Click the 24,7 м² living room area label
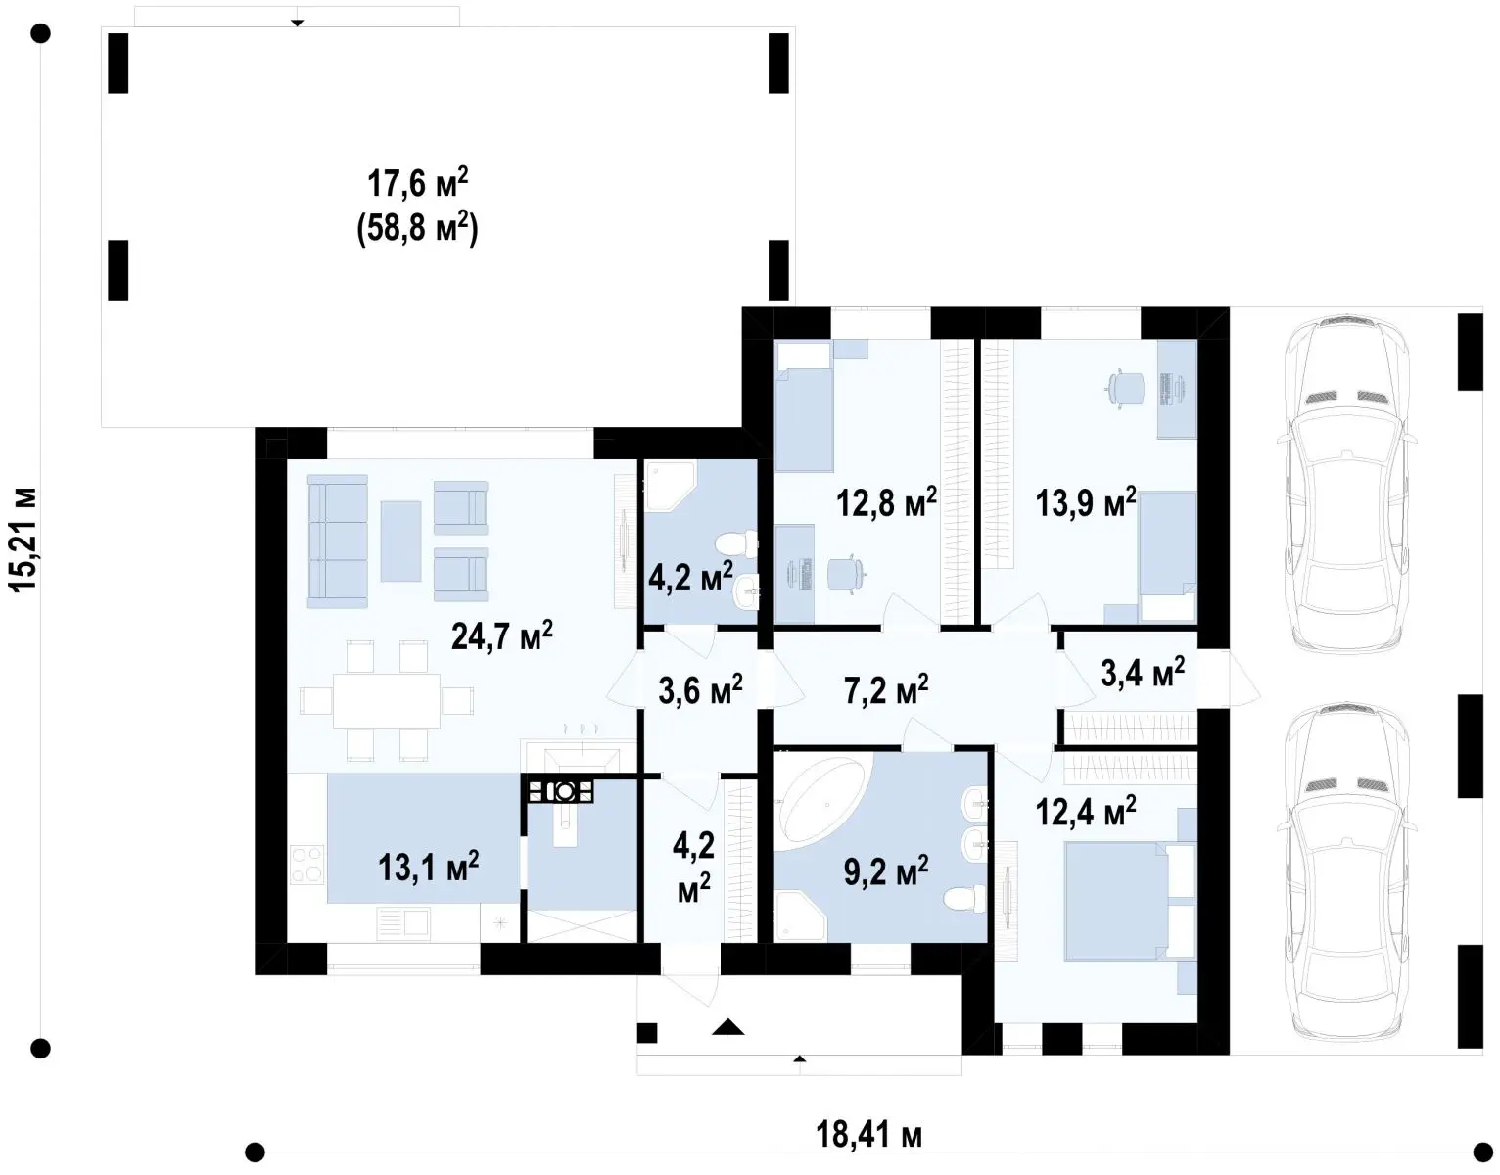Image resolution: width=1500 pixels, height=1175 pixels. click(x=502, y=634)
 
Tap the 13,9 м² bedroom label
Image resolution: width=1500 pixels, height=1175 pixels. click(x=1086, y=502)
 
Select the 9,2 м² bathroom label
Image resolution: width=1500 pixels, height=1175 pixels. click(x=886, y=871)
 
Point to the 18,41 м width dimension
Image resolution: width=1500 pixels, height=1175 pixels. click(x=868, y=1134)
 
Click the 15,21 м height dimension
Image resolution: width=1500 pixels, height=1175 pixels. click(x=24, y=540)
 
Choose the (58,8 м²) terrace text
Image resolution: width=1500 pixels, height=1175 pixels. click(x=418, y=229)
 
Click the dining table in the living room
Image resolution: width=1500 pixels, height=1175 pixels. click(x=387, y=701)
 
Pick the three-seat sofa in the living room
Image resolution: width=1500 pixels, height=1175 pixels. click(x=338, y=540)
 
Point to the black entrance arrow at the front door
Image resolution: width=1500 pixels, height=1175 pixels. click(x=728, y=1028)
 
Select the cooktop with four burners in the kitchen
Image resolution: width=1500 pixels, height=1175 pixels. click(x=307, y=865)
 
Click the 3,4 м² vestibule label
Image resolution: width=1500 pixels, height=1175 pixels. click(x=1143, y=672)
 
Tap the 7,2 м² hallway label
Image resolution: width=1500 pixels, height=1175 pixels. click(x=886, y=689)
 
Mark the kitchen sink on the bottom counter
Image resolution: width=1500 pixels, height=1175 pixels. click(x=403, y=922)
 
